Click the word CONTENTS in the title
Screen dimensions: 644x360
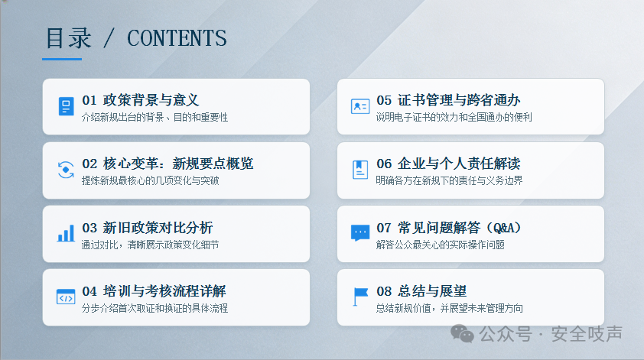pyautogui.click(x=177, y=38)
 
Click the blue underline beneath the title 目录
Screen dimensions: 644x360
pyautogui.click(x=62, y=59)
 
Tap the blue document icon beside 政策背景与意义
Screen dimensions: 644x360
pyautogui.click(x=66, y=106)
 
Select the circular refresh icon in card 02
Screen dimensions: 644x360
pyautogui.click(x=66, y=170)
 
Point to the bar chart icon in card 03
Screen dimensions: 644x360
pyautogui.click(x=66, y=233)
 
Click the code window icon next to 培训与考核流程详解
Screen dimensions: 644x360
pyautogui.click(x=66, y=297)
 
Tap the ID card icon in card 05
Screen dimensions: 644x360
pyautogui.click(x=360, y=106)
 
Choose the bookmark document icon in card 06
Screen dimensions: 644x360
pyautogui.click(x=360, y=170)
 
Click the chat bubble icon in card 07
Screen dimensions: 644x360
pyautogui.click(x=360, y=233)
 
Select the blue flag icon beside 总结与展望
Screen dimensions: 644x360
pyautogui.click(x=360, y=297)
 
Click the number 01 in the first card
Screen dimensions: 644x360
pyautogui.click(x=89, y=100)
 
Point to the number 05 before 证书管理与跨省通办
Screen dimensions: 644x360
pyautogui.click(x=384, y=100)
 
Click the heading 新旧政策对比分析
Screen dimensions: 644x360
pyautogui.click(x=158, y=228)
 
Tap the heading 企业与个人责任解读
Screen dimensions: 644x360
pyautogui.click(x=459, y=164)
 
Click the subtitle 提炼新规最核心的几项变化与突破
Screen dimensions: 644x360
pyautogui.click(x=151, y=180)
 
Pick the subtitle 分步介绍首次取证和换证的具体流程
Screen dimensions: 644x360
pyautogui.click(x=154, y=308)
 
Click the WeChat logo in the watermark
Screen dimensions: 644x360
pyautogui.click(x=462, y=333)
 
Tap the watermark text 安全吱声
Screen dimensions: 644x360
pyautogui.click(x=587, y=333)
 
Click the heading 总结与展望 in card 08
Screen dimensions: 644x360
pyautogui.click(x=432, y=291)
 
